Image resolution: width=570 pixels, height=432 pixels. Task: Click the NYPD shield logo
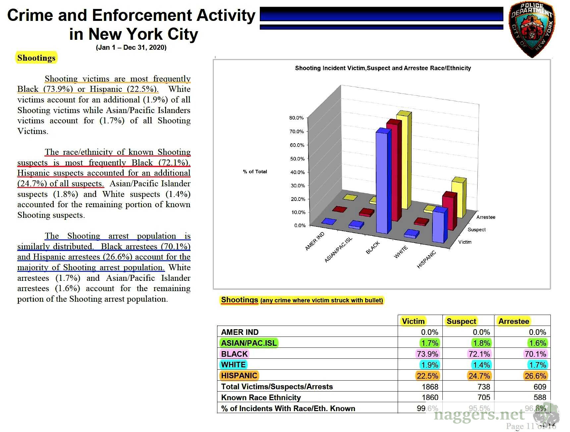coord(532,29)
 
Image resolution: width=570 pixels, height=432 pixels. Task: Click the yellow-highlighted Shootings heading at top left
coord(36,58)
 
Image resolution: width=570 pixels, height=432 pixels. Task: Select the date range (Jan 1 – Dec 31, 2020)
coord(131,47)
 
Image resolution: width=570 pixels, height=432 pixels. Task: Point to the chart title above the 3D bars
coord(383,68)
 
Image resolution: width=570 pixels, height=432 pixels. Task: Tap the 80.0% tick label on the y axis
coord(296,118)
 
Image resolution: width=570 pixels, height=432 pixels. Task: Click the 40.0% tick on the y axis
coord(297,172)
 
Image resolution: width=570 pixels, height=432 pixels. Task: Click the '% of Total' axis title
coord(255,171)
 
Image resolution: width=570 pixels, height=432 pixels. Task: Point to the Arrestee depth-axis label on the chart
coord(485,217)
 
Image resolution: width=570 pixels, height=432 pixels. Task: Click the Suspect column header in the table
coord(461,321)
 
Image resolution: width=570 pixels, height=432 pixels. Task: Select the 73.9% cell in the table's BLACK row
coord(427,354)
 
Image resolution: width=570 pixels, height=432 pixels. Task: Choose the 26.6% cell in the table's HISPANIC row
coord(535,376)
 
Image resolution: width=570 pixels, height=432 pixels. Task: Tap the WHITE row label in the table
coord(233,365)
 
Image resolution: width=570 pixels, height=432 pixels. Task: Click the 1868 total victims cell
coord(430,387)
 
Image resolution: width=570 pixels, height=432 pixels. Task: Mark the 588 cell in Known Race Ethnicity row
coord(540,397)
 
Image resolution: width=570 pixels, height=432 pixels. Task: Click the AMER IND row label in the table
coord(240,332)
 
